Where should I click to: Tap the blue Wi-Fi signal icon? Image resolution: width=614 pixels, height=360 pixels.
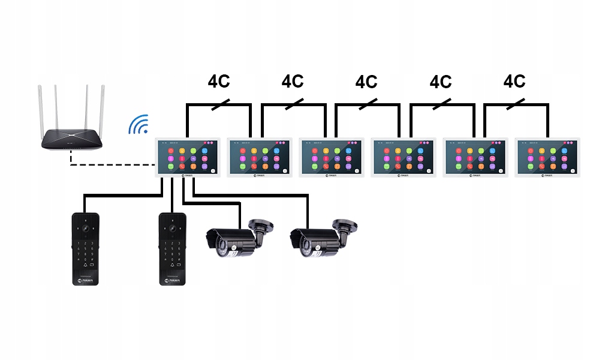pos(139,125)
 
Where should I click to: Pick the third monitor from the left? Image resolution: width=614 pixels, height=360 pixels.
pos(332,157)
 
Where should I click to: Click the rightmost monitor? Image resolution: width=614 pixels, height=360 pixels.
pos(547,157)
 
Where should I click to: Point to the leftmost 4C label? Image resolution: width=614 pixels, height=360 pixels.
pos(219,82)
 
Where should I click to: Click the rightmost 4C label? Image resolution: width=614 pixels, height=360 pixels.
pos(514,82)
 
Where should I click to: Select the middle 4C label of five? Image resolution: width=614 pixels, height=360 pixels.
pos(366,82)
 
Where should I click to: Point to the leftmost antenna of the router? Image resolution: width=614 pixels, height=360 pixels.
pos(45,108)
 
